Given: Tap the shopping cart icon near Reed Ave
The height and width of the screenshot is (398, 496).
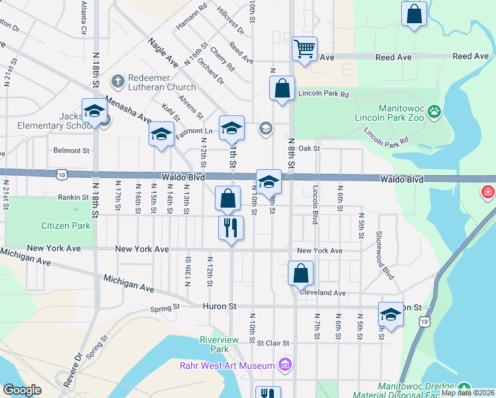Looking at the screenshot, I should pos(304,48).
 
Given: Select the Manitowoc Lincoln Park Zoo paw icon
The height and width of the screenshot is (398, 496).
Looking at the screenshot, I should pos(434,111).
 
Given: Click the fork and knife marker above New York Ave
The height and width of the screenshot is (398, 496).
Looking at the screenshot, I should pos(231,228).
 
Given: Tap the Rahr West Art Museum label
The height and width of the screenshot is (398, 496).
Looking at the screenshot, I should pos(227,365).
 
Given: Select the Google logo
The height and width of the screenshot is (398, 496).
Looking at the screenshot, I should pos(22,390).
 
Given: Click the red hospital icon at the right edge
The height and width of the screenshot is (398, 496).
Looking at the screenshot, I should pos(489,192).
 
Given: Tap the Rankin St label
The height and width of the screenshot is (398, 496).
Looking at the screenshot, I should pos(73,197).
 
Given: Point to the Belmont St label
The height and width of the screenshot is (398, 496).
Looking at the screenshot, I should pos(72,151).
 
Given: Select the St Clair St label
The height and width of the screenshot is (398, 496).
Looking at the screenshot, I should pos(274,343).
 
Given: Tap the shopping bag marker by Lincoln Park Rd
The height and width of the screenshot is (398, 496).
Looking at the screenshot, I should pos(282,89).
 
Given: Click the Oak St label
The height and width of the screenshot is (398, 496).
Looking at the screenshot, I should pos(309,149).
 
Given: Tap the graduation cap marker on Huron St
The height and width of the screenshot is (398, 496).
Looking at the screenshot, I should pos(391,316).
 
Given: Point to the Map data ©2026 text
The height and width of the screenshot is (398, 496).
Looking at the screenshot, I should pos(467,393).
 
